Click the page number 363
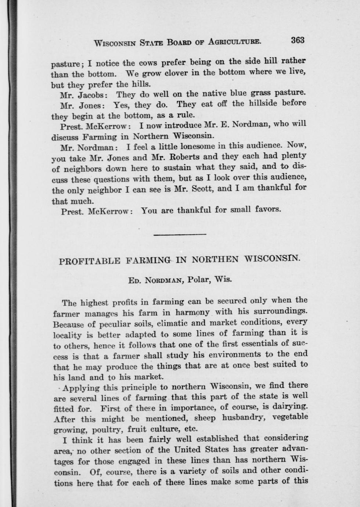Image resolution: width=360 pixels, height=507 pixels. [x=298, y=40]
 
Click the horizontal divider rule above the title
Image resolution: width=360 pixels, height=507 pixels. [x=180, y=234]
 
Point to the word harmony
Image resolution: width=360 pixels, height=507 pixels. [x=192, y=312]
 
